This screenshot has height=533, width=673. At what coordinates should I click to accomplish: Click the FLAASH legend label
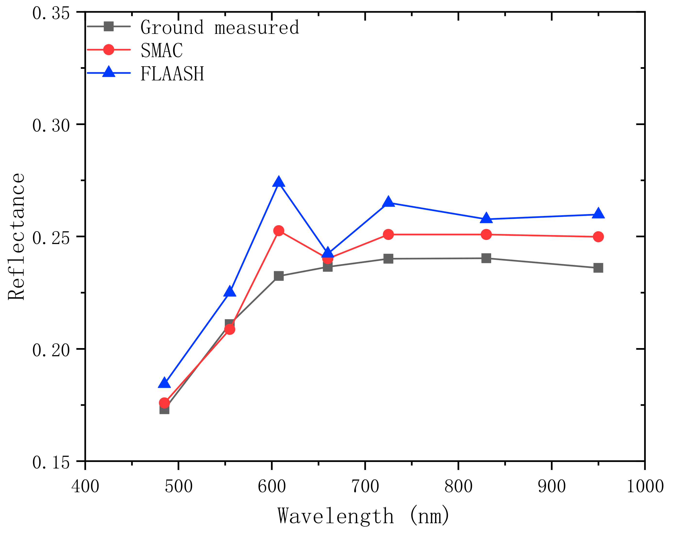click(x=172, y=73)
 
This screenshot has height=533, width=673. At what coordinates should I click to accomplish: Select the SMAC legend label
click(x=162, y=50)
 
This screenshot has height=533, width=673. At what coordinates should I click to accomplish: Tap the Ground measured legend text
click(x=220, y=27)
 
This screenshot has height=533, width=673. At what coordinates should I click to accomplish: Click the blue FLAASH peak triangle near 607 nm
click(x=278, y=182)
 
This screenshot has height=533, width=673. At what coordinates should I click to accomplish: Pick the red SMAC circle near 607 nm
click(x=278, y=231)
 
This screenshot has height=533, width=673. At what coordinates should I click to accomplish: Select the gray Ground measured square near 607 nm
click(x=278, y=276)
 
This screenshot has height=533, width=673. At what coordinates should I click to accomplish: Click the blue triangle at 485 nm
click(x=164, y=383)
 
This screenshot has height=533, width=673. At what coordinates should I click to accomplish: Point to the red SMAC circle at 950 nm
click(x=598, y=237)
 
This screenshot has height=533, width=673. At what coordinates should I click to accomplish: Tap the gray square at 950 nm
click(x=598, y=268)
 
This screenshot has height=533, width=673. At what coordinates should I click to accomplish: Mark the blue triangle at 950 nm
click(x=598, y=214)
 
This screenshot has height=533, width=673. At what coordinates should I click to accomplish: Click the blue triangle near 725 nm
click(x=388, y=202)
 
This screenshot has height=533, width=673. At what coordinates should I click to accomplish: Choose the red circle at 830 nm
click(x=486, y=234)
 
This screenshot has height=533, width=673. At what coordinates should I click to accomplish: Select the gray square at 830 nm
click(x=486, y=258)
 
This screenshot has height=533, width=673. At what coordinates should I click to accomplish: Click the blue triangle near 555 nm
click(x=230, y=291)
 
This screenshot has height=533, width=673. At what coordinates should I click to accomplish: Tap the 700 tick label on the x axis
click(x=365, y=486)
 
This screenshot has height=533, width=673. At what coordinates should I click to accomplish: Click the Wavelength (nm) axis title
click(x=364, y=516)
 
